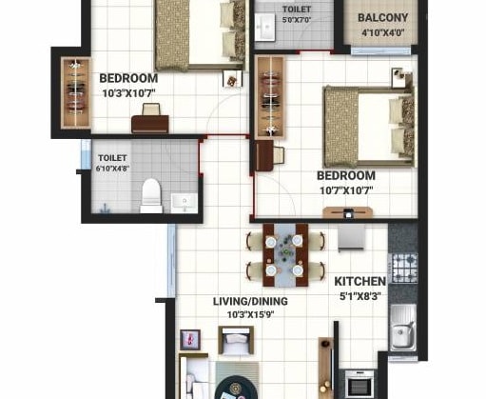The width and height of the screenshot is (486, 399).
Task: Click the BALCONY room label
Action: [384, 18]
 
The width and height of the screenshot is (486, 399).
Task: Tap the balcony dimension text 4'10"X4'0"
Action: [384, 32]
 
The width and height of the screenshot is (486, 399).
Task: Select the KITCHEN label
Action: [360, 281]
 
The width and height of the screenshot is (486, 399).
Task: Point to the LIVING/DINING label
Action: [250, 301]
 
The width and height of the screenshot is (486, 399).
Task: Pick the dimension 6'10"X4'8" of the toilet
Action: [112, 169]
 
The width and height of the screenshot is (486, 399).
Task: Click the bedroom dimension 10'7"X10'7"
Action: [344, 190]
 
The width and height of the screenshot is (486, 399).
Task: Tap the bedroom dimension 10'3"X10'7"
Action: [127, 92]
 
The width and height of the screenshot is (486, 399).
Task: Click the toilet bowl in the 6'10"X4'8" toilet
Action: [150, 197]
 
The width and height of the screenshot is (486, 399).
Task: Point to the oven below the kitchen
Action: [359, 383]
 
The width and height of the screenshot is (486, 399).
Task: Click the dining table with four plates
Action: [283, 255]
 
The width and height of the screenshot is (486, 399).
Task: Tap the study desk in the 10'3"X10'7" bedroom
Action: [150, 122]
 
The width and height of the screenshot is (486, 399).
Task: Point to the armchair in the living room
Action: [234, 340]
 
